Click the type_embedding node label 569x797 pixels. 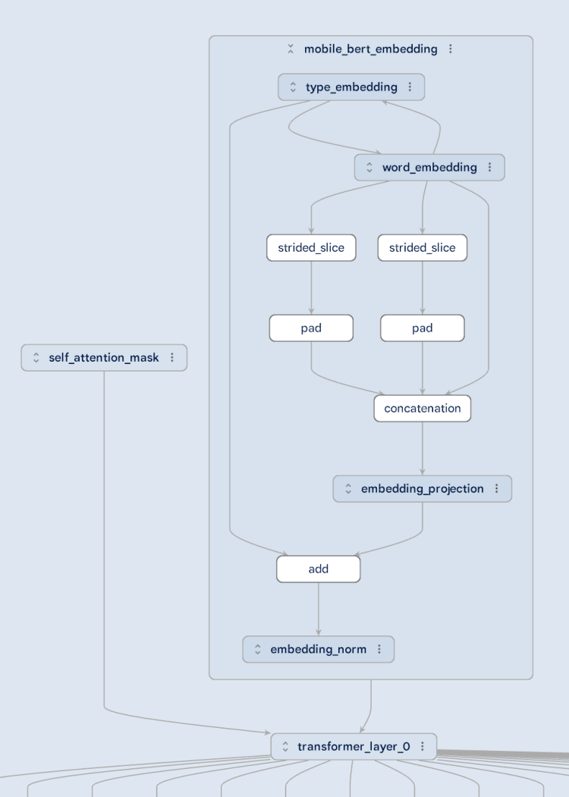(351, 87)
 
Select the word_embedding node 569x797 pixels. (429, 168)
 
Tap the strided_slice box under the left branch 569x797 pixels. (311, 248)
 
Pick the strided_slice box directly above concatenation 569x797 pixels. (423, 248)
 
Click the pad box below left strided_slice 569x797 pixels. (311, 328)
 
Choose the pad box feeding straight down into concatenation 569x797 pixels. (423, 328)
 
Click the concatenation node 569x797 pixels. (423, 409)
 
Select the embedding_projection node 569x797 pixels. (422, 489)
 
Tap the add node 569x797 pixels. (319, 569)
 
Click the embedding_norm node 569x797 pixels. (318, 650)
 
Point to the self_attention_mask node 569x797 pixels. (104, 357)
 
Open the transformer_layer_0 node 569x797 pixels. (354, 747)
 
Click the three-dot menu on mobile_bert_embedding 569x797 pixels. (451, 49)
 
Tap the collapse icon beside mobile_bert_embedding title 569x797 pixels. (291, 49)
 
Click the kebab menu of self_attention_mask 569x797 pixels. (172, 357)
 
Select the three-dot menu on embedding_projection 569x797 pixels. (497, 489)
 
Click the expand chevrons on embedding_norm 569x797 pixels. (258, 650)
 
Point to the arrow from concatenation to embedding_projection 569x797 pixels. (423, 448)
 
